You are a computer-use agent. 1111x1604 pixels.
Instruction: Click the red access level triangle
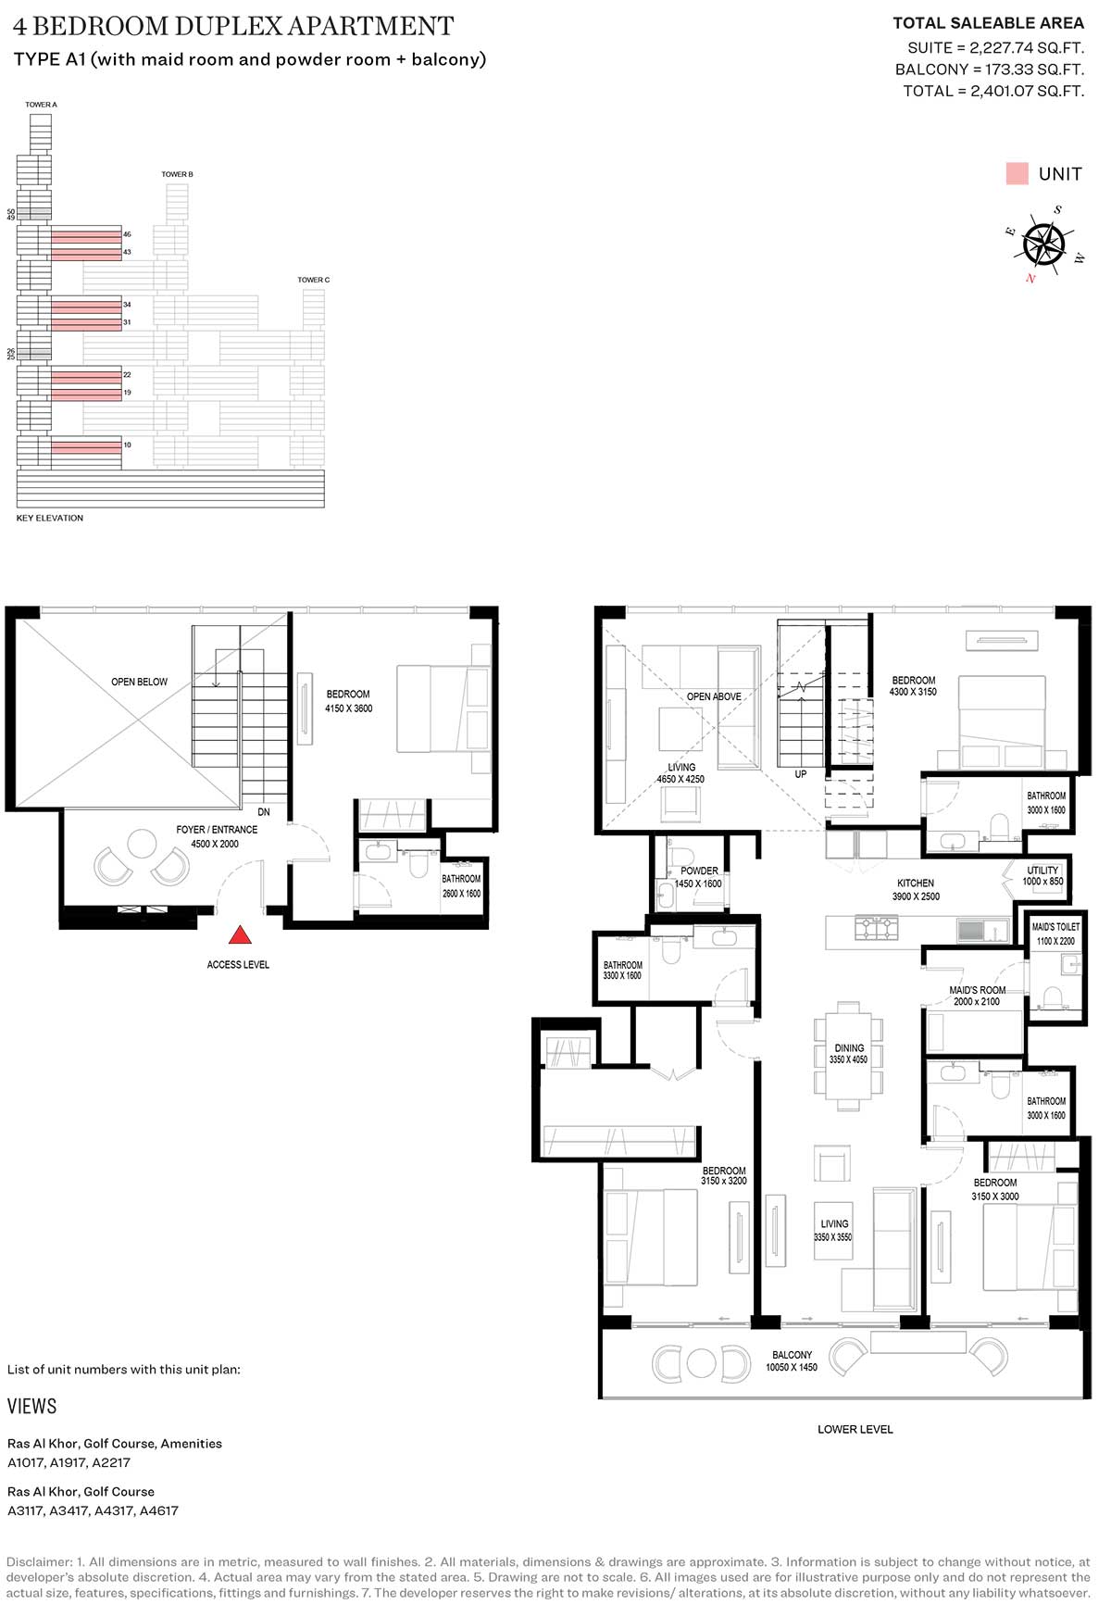(x=240, y=934)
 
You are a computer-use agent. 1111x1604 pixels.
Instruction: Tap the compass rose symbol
(x=1044, y=244)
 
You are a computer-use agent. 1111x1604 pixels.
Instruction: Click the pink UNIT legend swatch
(x=1017, y=173)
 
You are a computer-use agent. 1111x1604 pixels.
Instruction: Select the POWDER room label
(x=699, y=871)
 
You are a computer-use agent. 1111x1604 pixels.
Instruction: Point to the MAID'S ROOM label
(x=977, y=990)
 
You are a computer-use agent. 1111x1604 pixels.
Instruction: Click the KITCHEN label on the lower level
(x=916, y=883)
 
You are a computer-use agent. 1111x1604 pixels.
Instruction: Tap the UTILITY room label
(x=1042, y=871)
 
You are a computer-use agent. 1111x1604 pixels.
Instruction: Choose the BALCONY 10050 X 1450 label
(x=792, y=1360)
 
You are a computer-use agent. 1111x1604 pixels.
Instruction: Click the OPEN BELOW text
(x=140, y=682)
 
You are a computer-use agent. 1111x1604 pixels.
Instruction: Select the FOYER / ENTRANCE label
(x=217, y=830)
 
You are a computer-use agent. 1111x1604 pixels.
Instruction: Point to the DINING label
(x=849, y=1048)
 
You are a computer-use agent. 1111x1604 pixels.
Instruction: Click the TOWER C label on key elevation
(x=313, y=280)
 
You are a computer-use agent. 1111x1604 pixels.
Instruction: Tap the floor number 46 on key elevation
(x=128, y=234)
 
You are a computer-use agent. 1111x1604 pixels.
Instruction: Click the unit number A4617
(x=157, y=1510)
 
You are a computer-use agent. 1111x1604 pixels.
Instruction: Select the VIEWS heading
(x=32, y=1406)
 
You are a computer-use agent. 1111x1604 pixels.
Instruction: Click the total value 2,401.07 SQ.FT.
(x=1027, y=91)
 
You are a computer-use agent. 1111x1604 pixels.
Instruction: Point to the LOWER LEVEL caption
(x=855, y=1429)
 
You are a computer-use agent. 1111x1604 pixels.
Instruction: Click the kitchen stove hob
(x=877, y=927)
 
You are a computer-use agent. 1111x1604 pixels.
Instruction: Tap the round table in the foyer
(x=142, y=844)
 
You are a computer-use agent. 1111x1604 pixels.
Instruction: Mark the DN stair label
(x=264, y=812)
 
